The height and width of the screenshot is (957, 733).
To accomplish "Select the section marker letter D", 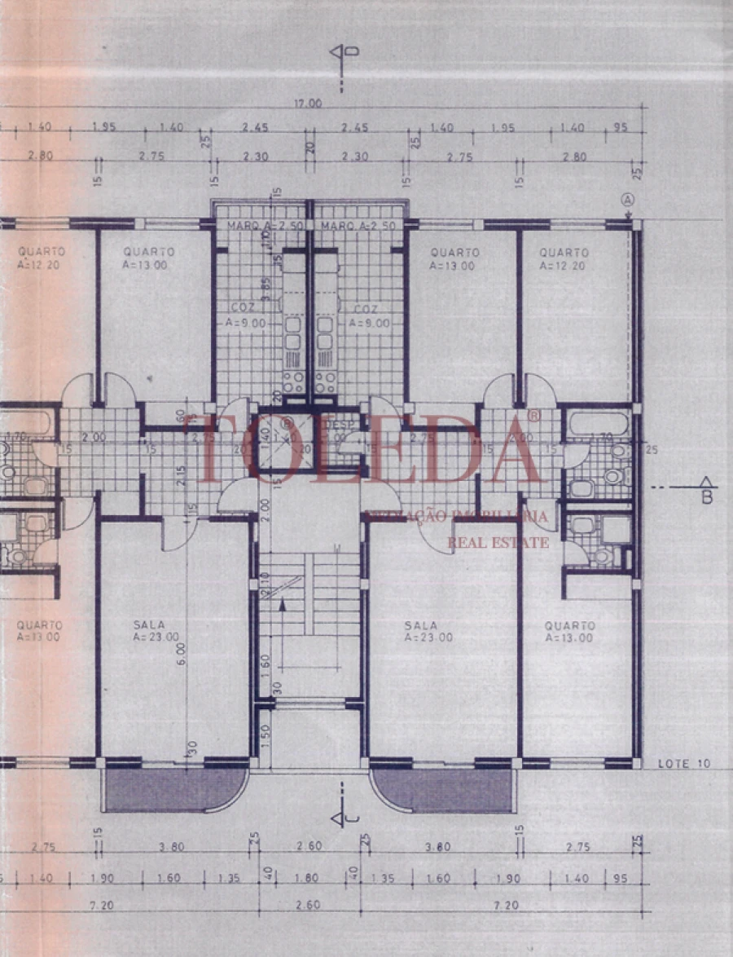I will [355, 51].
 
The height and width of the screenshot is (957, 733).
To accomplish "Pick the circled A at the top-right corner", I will [627, 200].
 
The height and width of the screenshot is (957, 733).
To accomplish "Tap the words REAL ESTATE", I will [498, 542].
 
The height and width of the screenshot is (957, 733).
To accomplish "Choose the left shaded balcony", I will [174, 789].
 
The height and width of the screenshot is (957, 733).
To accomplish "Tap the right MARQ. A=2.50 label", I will [358, 226].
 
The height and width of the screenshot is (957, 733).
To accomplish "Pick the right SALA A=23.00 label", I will [428, 631].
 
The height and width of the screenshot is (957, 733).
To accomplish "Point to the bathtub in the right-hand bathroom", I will [599, 423].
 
